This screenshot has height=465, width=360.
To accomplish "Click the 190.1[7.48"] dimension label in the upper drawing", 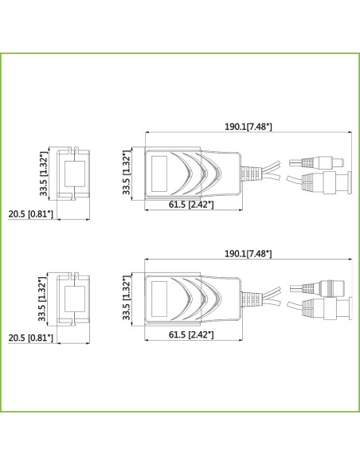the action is [248, 127].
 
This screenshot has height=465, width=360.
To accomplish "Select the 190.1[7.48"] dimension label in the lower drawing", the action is [248, 253].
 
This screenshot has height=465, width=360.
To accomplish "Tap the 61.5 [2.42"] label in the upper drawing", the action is [191, 205].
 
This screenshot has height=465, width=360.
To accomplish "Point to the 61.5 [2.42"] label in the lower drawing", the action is [191, 334].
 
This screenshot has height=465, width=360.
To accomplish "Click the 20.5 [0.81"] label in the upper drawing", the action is [30, 214].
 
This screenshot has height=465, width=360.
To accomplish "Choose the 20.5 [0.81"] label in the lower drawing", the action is [30, 338].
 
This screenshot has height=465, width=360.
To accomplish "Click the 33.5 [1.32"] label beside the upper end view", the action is [44, 174].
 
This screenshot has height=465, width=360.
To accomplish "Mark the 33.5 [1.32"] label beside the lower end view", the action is [42, 299].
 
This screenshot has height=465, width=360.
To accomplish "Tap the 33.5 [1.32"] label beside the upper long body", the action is [127, 172].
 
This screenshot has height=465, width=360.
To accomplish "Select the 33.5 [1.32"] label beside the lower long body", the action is [127, 298].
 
